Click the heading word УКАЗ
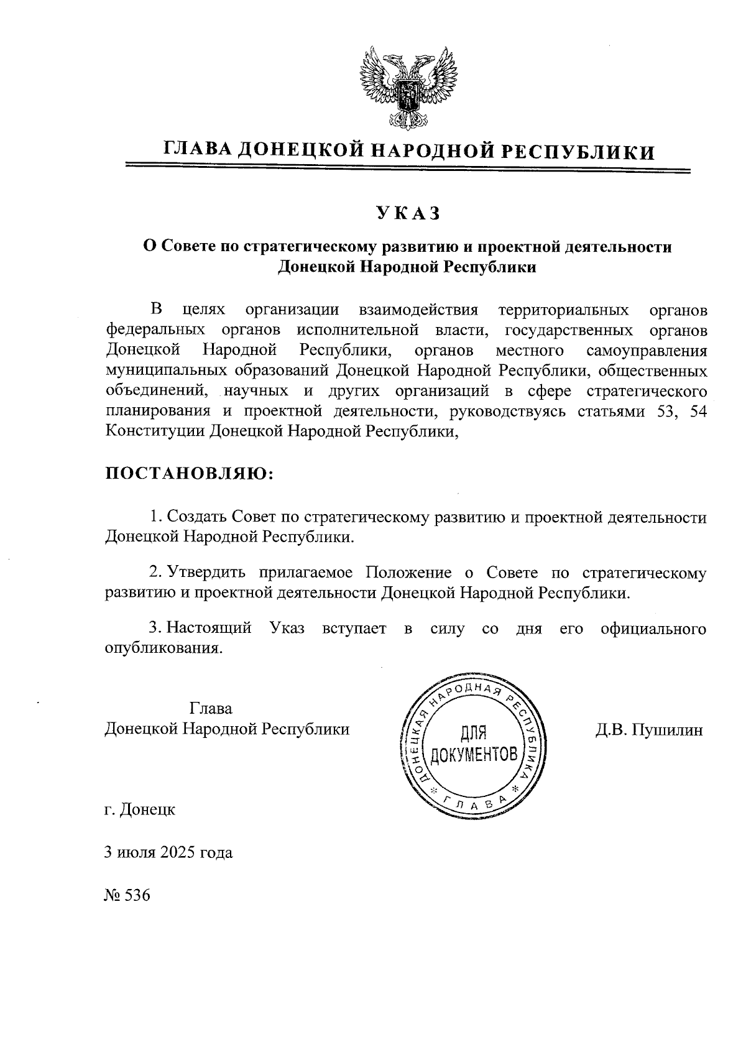408,213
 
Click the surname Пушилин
668,730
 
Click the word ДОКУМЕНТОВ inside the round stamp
474,755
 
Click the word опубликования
163,648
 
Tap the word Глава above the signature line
211,709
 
